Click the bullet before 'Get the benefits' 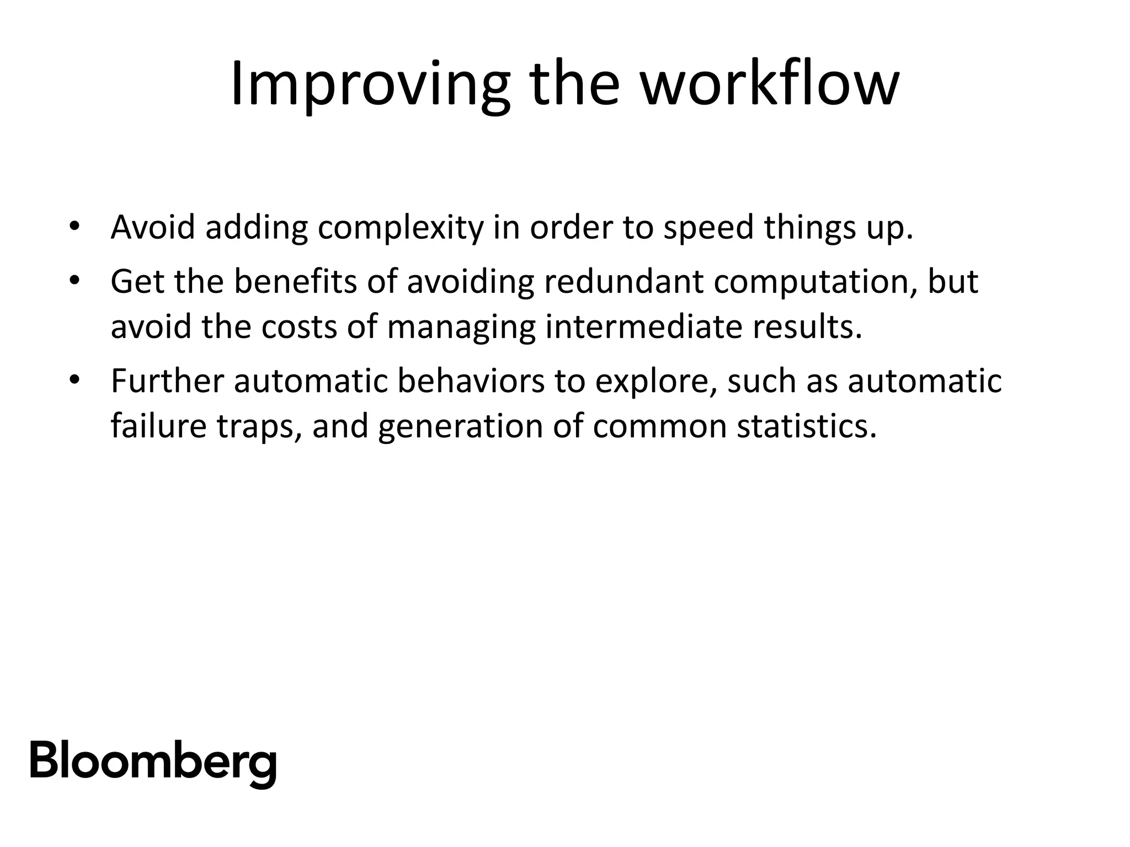pos(74,281)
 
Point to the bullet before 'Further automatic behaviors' pos(74,380)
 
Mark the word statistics pos(806,426)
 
